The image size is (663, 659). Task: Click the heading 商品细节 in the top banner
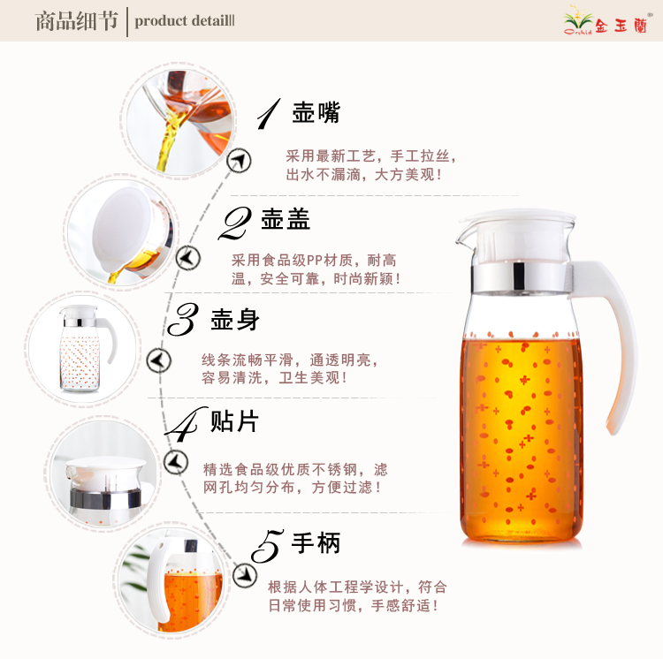(77, 20)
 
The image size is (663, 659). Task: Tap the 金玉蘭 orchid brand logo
(606, 21)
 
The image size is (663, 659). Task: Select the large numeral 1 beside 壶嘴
(270, 114)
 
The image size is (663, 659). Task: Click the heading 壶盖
(286, 219)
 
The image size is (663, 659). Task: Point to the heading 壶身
(235, 320)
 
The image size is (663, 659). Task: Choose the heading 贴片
(234, 421)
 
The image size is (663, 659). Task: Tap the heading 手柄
(316, 542)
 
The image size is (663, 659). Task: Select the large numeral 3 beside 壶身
(183, 320)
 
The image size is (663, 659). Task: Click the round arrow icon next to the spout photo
(239, 160)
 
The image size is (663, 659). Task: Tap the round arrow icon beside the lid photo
(187, 258)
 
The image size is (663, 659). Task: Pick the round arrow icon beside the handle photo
(245, 575)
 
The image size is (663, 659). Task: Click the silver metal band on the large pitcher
(519, 277)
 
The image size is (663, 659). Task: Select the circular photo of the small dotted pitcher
(83, 349)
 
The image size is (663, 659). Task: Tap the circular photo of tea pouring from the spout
(179, 122)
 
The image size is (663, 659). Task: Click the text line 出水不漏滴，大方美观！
(363, 174)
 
